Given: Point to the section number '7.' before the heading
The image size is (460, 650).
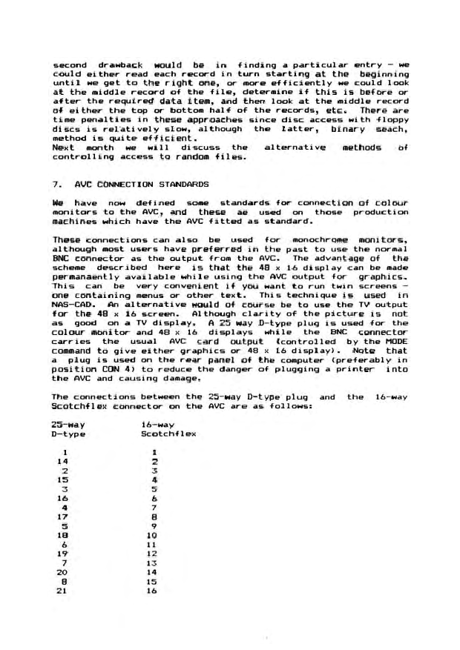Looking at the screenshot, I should tap(57, 182).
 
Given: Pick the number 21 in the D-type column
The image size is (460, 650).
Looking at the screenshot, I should tap(62, 582).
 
